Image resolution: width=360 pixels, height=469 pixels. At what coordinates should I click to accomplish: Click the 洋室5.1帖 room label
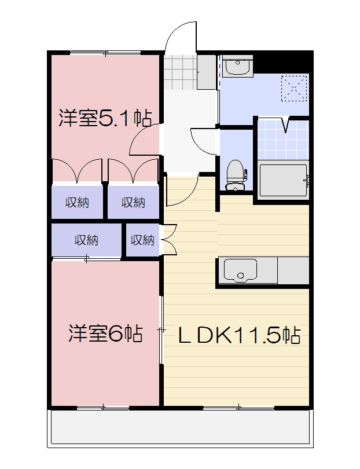tap(105, 119)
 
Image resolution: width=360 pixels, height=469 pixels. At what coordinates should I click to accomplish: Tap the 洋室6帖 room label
tap(105, 334)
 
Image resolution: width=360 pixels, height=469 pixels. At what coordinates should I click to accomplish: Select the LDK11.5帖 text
tap(238, 335)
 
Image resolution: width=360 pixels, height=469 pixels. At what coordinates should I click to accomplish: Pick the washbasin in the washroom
tap(237, 67)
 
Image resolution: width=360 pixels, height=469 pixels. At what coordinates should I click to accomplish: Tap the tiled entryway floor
tap(179, 72)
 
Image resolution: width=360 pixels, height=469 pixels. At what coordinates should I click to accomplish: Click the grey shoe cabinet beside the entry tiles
tap(206, 72)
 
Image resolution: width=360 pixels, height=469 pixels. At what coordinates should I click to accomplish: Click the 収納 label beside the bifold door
tap(142, 240)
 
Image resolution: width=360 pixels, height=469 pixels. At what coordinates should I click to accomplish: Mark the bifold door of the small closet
tap(169, 240)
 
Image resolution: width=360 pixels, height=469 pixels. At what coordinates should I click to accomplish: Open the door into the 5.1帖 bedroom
tap(144, 142)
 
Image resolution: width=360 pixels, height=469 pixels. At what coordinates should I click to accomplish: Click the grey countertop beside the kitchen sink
tap(294, 270)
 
